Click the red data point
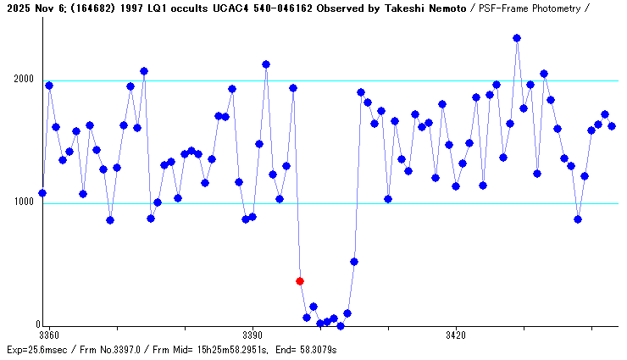[x=300, y=281]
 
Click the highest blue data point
[x=517, y=38]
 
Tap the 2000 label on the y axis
[x=22, y=80]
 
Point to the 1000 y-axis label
[x=22, y=202]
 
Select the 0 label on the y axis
[x=37, y=324]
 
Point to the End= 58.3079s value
[x=308, y=349]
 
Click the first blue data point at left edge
[x=42, y=193]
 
